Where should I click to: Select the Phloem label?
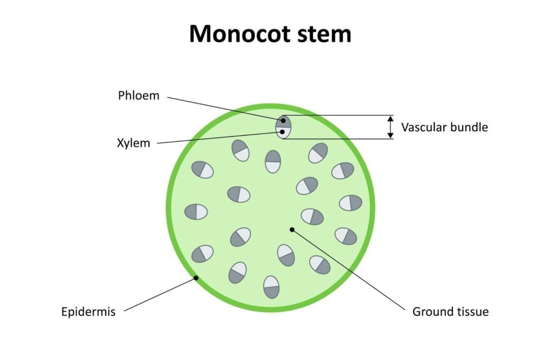138,96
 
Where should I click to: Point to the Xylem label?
133,143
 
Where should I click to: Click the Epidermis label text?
87,311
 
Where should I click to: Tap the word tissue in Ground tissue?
470,311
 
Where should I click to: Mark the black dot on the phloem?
284,121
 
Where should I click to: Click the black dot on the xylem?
283,131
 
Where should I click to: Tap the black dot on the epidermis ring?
195,277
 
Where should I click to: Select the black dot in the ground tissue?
292,229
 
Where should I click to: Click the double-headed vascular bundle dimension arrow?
390,127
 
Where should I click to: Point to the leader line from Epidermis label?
158,295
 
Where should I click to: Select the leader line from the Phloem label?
222,108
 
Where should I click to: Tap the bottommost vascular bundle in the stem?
272,287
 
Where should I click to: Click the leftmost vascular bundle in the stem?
196,212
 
